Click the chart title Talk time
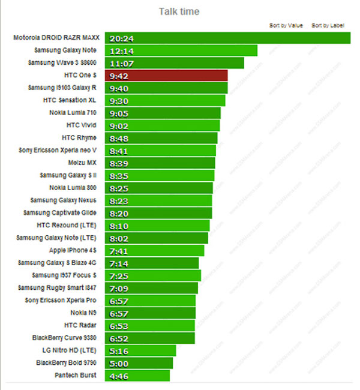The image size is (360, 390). (179, 11)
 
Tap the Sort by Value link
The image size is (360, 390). (286, 25)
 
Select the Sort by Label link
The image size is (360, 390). (328, 25)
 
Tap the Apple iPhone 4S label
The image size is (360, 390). (71, 250)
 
